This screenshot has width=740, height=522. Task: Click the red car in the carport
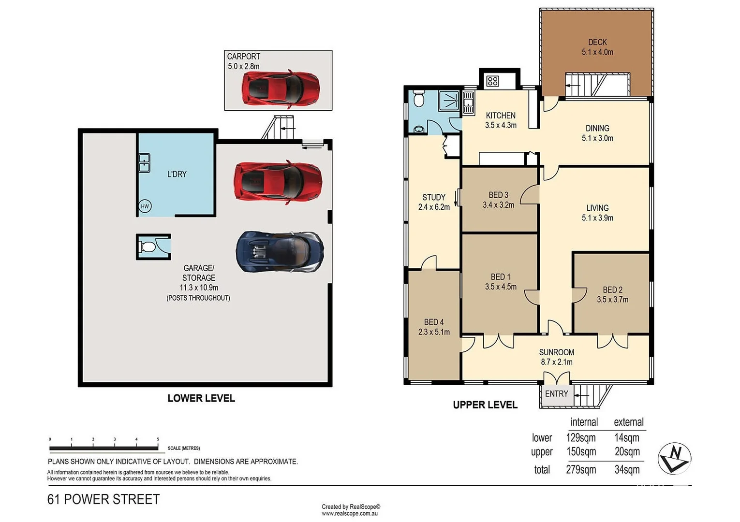point(280,88)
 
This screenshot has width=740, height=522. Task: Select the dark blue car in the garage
point(280,252)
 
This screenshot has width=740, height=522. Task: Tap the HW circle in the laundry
point(145,206)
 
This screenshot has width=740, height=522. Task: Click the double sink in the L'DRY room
point(144,163)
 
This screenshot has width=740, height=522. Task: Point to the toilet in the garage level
point(148,247)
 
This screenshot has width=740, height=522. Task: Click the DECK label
point(597,43)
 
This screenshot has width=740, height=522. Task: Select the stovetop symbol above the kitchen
point(492,81)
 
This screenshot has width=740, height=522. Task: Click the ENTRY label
point(556,394)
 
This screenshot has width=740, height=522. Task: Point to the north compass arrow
point(674,457)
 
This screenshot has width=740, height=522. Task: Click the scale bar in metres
point(104,448)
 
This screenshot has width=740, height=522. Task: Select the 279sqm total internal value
point(581,469)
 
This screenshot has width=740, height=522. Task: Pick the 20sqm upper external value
point(627,451)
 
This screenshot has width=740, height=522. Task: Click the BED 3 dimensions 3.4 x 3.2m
point(498,205)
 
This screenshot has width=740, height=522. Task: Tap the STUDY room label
point(434,197)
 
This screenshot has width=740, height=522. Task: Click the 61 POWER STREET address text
point(104,499)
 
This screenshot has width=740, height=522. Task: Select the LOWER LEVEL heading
point(201,398)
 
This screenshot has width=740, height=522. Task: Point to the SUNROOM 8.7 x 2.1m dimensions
point(556,362)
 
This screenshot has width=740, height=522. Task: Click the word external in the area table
point(628,422)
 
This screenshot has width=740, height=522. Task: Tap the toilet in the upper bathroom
point(419,100)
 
